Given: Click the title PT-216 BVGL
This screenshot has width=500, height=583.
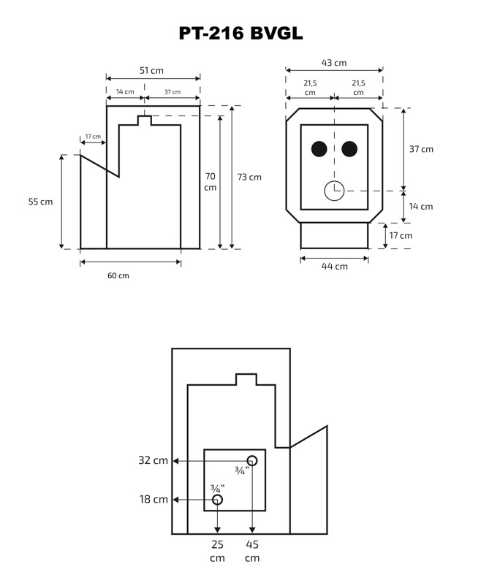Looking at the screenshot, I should tap(240, 33).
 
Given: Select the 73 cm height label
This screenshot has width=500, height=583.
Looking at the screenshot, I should tap(249, 177).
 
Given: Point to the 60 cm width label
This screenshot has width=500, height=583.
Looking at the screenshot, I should tap(118, 275).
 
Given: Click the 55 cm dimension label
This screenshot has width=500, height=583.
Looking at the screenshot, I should tap(41, 202).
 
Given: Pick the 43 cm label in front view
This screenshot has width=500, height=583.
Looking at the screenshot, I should tap(334, 63).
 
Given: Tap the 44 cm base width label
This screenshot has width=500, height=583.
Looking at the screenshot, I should tap(335, 267).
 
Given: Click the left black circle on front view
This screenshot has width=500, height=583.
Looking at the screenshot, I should tap(319, 149).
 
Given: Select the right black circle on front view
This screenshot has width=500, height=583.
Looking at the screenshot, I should tap(349, 149).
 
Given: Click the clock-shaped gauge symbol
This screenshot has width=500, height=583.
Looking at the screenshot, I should tap(333, 191).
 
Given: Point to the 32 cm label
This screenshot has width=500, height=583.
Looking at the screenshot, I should tap(154, 461).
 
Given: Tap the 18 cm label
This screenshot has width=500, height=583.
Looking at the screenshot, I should tap(154, 500).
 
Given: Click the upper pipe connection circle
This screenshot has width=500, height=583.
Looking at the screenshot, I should tap(252, 460).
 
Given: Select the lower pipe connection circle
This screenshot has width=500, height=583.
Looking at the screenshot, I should tap(217, 500).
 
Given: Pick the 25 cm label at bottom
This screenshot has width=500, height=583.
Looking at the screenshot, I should tap(217, 551).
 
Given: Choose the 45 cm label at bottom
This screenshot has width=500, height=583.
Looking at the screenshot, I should tap(252, 551).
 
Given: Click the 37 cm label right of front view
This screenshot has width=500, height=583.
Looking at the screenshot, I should tap(421, 149).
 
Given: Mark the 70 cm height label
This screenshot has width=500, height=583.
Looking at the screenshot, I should tap(211, 181).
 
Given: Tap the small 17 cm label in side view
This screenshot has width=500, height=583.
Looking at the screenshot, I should tap(93, 137).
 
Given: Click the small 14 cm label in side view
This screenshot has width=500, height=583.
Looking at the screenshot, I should tap(125, 92).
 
